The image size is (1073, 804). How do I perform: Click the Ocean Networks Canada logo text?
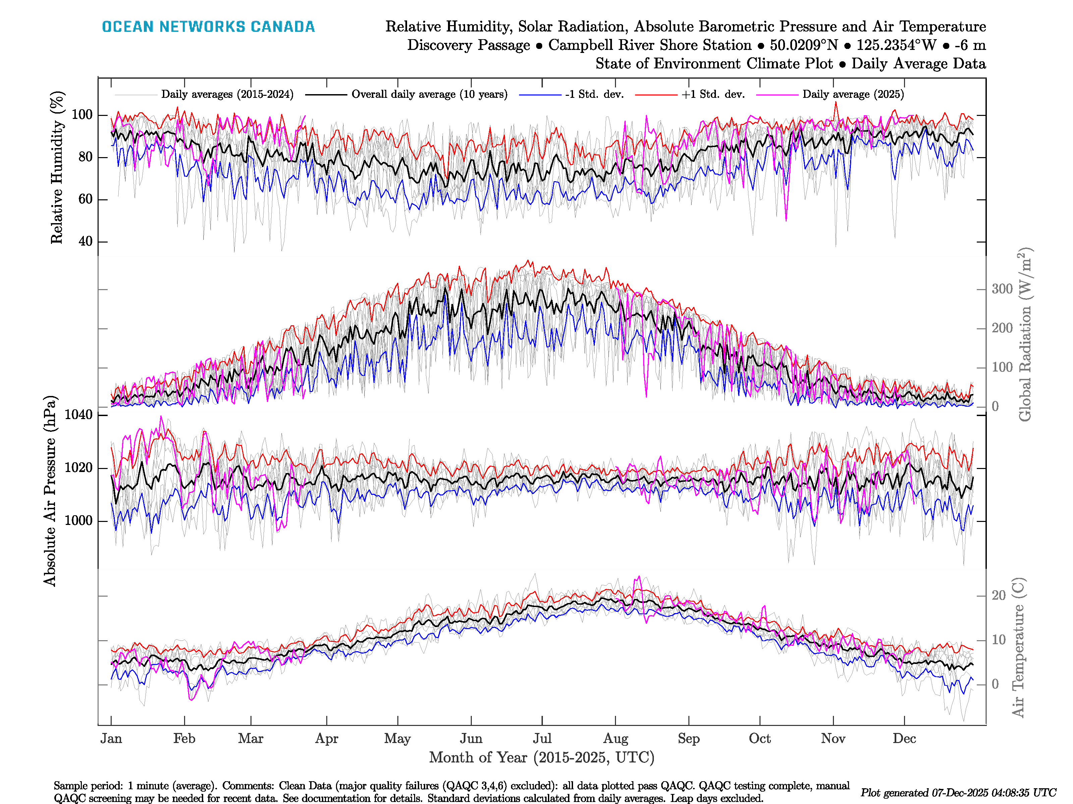click(x=208, y=27)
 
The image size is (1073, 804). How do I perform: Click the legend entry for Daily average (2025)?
click(x=853, y=94)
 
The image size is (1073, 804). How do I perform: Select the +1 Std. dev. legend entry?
click(x=713, y=94)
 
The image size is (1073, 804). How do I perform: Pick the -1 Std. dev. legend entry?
click(x=594, y=94)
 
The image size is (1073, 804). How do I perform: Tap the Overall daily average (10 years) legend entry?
click(x=429, y=94)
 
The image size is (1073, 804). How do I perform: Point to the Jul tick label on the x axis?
click(x=542, y=739)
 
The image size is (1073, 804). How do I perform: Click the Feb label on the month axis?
click(x=184, y=739)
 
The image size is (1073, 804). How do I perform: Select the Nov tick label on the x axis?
click(x=833, y=739)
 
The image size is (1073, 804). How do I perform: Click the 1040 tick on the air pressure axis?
click(x=78, y=415)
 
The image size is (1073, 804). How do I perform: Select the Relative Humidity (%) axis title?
click(x=57, y=167)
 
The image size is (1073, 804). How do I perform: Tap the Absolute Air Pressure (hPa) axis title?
click(x=50, y=491)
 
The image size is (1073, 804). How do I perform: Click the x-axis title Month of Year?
click(x=541, y=757)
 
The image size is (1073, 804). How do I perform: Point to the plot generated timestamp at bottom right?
click(x=958, y=793)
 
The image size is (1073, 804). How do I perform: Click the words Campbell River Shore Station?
click(x=650, y=45)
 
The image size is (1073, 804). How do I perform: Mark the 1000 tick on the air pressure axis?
click(x=78, y=521)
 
